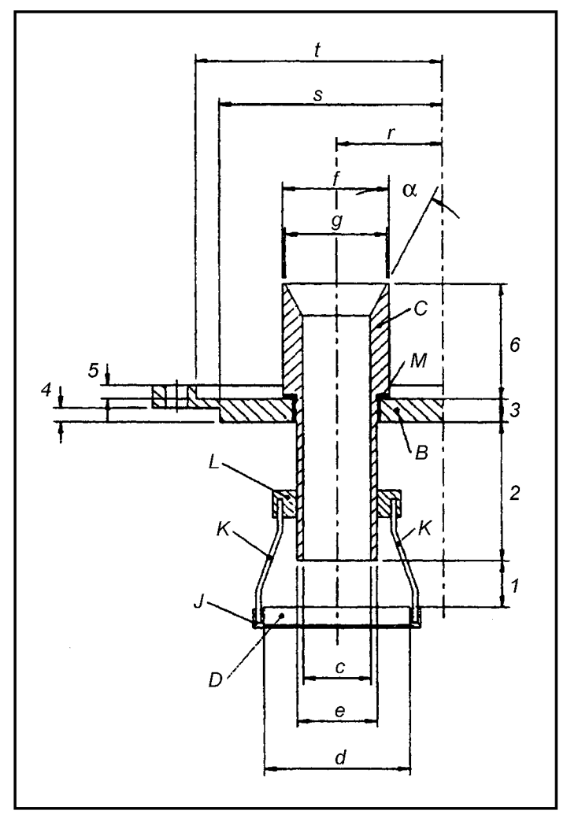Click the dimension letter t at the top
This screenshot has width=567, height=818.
coord(317,50)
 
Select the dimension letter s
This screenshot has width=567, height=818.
coord(317,95)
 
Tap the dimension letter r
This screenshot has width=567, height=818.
coord(391,134)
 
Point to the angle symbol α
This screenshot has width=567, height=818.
coord(410,191)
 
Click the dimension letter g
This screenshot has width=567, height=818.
coord(337,222)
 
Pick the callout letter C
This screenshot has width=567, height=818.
coord(421,309)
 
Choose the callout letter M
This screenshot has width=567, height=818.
coord(419,361)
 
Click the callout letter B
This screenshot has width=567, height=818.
coord(421,452)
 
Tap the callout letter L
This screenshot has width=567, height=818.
coord(214,465)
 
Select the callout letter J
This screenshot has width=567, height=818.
coord(198,602)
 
